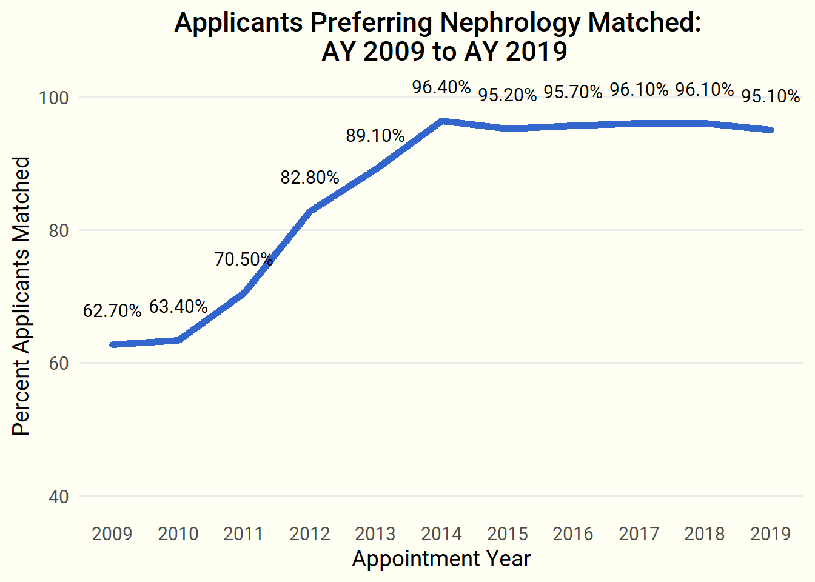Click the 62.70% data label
112,311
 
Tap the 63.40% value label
178,307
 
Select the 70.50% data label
244,259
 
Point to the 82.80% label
310,178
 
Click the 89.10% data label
375,136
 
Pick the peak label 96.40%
441,87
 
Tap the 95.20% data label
508,95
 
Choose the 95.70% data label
573,92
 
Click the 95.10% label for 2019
771,96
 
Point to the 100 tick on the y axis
55,98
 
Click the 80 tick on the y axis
59,230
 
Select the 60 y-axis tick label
59,363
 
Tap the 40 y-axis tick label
59,497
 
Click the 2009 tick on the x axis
112,533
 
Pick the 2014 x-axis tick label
441,533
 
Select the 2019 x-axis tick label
771,533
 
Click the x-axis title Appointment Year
441,558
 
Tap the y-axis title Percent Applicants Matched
21,296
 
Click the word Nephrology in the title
510,23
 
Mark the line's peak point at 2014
442,121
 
